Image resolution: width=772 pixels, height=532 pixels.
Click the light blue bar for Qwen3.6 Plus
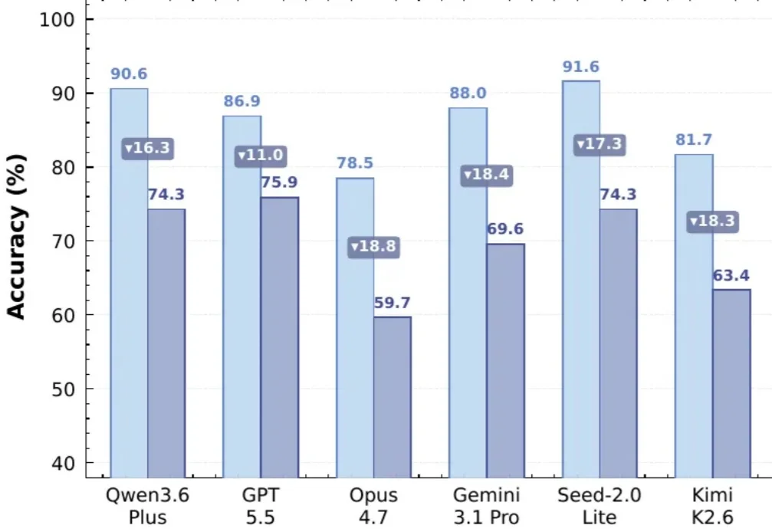pyautogui.click(x=129, y=283)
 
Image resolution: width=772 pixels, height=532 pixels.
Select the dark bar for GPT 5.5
pyautogui.click(x=280, y=337)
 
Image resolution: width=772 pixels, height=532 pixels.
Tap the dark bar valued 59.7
pyautogui.click(x=393, y=397)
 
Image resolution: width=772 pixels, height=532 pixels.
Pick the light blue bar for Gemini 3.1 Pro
pyautogui.click(x=468, y=293)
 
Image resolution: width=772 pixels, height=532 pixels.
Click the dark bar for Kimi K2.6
pyautogui.click(x=731, y=383)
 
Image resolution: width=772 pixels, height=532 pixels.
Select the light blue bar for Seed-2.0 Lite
pyautogui.click(x=581, y=279)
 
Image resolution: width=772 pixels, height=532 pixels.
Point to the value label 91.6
pyautogui.click(x=581, y=67)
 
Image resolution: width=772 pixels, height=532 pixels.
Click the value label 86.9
pyautogui.click(x=241, y=101)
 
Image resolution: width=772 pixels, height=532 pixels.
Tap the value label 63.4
pyautogui.click(x=731, y=275)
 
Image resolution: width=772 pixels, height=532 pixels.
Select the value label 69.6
pyautogui.click(x=505, y=229)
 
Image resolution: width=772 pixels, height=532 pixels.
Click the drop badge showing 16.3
pyautogui.click(x=148, y=148)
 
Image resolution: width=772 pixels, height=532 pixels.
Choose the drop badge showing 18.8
pyautogui.click(x=373, y=247)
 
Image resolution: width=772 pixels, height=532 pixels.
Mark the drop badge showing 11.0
pyautogui.click(x=261, y=156)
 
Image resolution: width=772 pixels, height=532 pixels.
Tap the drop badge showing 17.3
pyautogui.click(x=600, y=145)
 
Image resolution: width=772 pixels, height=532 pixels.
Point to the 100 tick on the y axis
pyautogui.click(x=57, y=20)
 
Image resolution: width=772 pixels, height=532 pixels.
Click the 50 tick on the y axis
pyautogui.click(x=63, y=389)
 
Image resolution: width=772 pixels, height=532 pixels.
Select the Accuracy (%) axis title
pyautogui.click(x=17, y=237)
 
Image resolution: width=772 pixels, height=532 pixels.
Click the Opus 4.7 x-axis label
pyautogui.click(x=373, y=506)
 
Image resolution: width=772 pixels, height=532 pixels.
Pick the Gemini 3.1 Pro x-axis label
pyautogui.click(x=487, y=506)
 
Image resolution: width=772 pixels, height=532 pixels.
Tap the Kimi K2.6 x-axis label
pyautogui.click(x=712, y=506)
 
